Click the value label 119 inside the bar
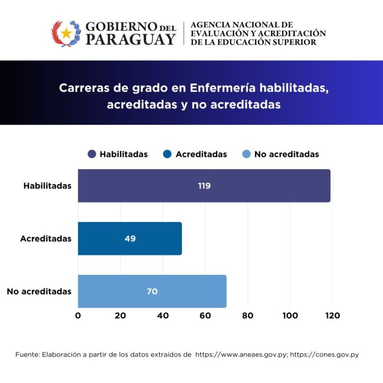click(x=204, y=186)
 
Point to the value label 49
click(x=130, y=239)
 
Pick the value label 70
click(x=152, y=292)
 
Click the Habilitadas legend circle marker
click(x=92, y=154)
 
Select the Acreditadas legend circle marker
click(x=168, y=154)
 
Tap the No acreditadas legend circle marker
click(x=246, y=154)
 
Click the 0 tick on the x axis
click(x=78, y=316)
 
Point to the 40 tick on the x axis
click(x=163, y=316)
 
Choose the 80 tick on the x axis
click(x=248, y=316)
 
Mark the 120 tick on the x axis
click(x=332, y=316)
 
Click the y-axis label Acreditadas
click(x=46, y=239)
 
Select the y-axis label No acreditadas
click(x=39, y=292)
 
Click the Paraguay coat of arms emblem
click(x=66, y=33)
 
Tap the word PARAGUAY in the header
click(x=130, y=39)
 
